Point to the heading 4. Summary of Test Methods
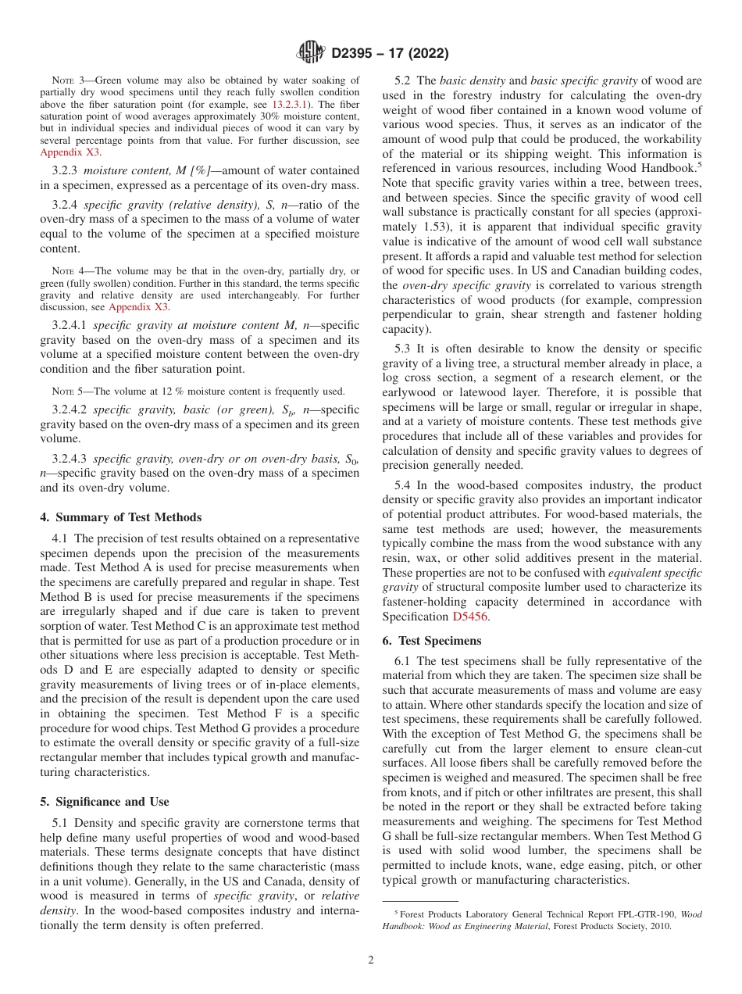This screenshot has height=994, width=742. point(121,517)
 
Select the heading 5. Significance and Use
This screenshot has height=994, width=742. point(105,801)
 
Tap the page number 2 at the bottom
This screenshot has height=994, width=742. point(371,960)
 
